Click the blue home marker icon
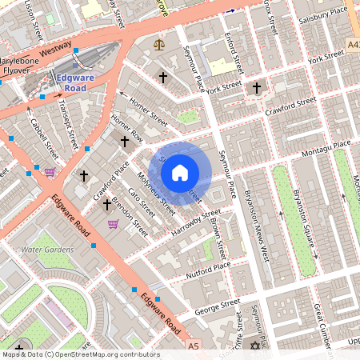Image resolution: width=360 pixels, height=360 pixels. pos(180,172)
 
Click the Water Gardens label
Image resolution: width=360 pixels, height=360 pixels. pos(47,250)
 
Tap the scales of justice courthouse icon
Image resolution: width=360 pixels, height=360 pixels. pos(158,45)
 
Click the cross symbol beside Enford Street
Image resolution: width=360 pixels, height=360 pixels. pos(256,87)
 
